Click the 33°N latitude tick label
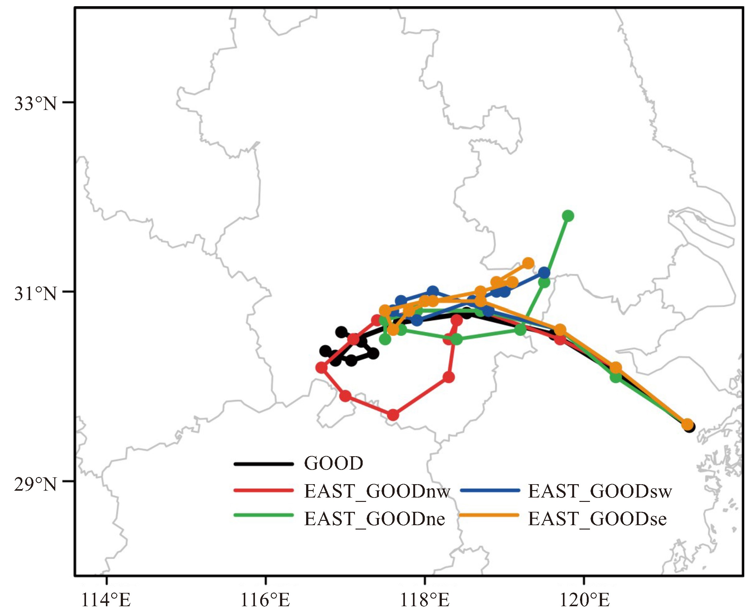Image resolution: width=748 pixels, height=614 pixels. pos(35,104)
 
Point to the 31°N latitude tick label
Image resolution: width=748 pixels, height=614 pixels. pos(35,293)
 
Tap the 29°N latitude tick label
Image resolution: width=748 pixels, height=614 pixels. pos(35,484)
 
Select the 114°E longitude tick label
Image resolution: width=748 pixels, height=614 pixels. pos(106,600)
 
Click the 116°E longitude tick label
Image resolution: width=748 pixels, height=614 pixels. pos(265,600)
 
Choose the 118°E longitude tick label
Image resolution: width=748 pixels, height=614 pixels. pos(424,600)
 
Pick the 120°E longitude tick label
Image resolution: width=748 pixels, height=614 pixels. pos(584,600)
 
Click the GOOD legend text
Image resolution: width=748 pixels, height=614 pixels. pos(333,463)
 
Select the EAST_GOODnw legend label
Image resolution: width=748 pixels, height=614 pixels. pos(377,491)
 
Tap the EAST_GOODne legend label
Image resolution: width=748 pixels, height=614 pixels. pos(374,519)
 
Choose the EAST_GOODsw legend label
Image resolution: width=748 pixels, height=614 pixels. pos(600,491)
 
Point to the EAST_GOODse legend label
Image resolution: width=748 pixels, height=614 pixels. pos(597,519)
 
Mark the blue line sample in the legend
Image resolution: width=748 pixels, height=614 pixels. pos(490,491)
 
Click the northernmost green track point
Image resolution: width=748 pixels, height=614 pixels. pos(568,216)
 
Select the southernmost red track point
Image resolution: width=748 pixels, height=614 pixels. pos(393,415)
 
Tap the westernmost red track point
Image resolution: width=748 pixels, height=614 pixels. pos(321,368)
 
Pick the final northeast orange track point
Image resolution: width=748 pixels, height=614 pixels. pos(528,263)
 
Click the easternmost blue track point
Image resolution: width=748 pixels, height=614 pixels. pos(545,273)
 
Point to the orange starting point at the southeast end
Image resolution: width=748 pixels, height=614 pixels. pos(687,424)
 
